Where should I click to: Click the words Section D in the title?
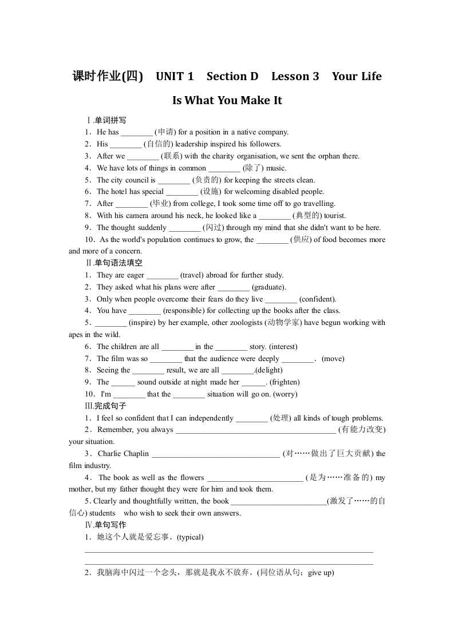click(x=232, y=76)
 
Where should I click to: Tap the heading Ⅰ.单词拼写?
click(x=106, y=120)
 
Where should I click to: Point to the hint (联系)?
click(x=171, y=156)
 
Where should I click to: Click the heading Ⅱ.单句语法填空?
click(x=113, y=263)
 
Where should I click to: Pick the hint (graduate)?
click(x=269, y=287)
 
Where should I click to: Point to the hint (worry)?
click(x=285, y=394)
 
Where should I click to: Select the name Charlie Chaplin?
click(x=123, y=454)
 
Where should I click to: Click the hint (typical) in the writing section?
click(x=191, y=537)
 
